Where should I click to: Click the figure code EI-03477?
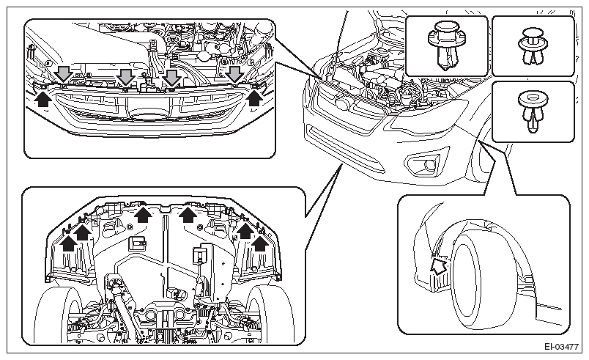562,347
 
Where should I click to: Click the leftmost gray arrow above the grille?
64,73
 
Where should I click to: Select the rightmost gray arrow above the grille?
235,74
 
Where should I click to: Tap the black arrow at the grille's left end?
43,98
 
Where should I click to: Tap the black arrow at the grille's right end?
255,98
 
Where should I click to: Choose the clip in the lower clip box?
533,112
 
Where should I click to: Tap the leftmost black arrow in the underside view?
68,242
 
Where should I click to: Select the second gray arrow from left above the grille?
125,76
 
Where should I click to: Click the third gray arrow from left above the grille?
171,77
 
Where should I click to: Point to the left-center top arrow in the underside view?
143,214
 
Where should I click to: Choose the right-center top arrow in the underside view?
188,214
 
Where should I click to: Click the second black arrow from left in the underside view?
82,232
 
